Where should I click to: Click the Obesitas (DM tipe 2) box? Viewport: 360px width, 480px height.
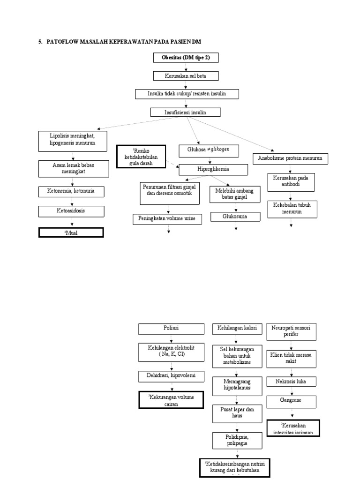pyautogui.click(x=186, y=58)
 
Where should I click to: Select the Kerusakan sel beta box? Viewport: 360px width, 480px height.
pyautogui.click(x=186, y=75)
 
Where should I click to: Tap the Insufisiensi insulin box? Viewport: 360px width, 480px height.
pyautogui.click(x=185, y=112)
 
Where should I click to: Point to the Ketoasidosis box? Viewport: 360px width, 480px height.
pyautogui.click(x=71, y=211)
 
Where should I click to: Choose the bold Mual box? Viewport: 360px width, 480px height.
pyautogui.click(x=71, y=232)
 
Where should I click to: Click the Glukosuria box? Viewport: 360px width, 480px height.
pyautogui.click(x=235, y=217)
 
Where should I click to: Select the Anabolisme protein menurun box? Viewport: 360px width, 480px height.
pyautogui.click(x=290, y=159)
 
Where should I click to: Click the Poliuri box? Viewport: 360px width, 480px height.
pyautogui.click(x=171, y=329)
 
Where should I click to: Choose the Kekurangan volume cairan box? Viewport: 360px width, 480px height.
pyautogui.click(x=171, y=400)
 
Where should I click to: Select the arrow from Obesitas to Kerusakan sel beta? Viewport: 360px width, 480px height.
pyautogui.click(x=186, y=67)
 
